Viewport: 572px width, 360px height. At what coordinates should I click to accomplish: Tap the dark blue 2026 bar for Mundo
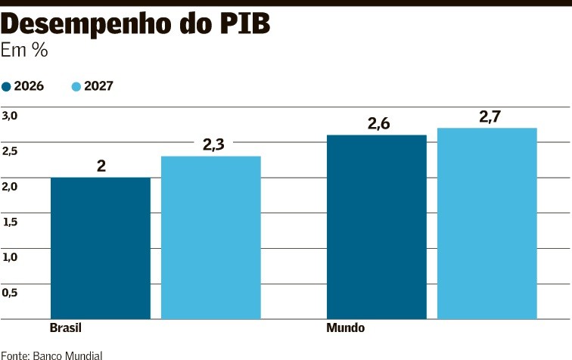pos(376,226)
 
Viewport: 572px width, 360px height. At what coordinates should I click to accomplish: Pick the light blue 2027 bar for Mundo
pos(487,223)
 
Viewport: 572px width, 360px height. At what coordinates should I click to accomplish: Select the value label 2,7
pos(490,116)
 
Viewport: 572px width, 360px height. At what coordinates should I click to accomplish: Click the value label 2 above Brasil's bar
pos(101,166)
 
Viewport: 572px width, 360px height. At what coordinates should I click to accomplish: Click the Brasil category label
pos(65,329)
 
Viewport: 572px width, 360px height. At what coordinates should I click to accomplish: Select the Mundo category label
pos(345,329)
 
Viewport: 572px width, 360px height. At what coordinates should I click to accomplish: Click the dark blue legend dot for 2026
pos(7,86)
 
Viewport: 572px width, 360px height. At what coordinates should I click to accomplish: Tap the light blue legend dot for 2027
pos(76,86)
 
